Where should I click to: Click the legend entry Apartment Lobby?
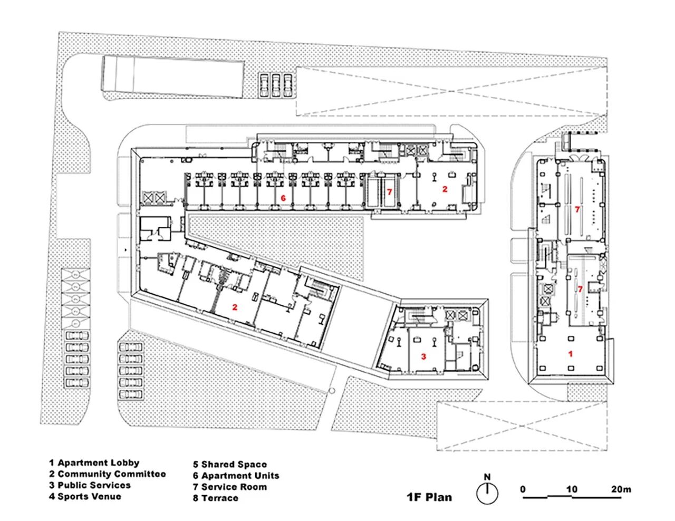click(x=94, y=463)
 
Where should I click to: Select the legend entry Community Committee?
click(x=108, y=474)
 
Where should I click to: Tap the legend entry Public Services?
click(x=90, y=485)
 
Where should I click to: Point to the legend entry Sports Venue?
click(x=85, y=496)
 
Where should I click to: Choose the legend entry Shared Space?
click(x=230, y=465)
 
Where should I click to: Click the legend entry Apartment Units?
click(x=236, y=476)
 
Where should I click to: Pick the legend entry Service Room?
click(x=230, y=487)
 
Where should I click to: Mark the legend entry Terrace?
click(x=216, y=498)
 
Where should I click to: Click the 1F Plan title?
click(x=429, y=497)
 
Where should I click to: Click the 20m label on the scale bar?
click(x=621, y=489)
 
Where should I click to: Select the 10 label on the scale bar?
click(x=572, y=489)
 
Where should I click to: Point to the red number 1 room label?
click(x=570, y=354)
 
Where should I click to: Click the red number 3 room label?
click(x=423, y=357)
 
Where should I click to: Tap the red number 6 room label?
click(x=283, y=198)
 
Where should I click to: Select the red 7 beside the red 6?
click(x=390, y=192)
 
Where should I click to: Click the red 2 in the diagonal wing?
click(x=235, y=307)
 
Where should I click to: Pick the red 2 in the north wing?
click(x=445, y=189)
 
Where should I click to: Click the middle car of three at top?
click(x=275, y=86)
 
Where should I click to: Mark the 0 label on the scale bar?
click(x=523, y=489)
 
